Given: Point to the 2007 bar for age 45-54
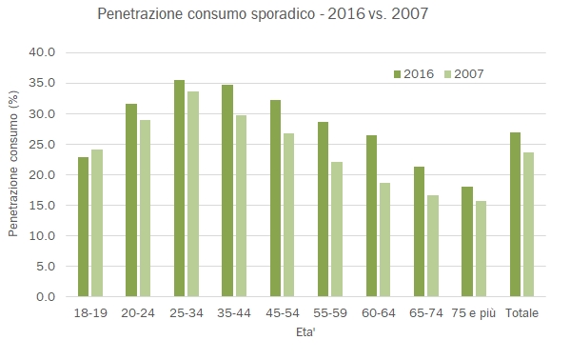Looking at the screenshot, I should (x=288, y=215).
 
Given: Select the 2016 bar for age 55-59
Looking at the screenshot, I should (x=323, y=210).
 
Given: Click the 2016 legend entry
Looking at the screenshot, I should (x=414, y=73).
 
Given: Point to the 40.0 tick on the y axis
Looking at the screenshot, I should (x=47, y=53).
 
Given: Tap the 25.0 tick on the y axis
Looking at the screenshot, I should (x=47, y=145).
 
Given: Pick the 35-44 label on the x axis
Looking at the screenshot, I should (x=234, y=313).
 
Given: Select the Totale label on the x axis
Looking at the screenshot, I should (x=521, y=313).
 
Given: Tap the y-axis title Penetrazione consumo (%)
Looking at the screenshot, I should (x=14, y=174).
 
